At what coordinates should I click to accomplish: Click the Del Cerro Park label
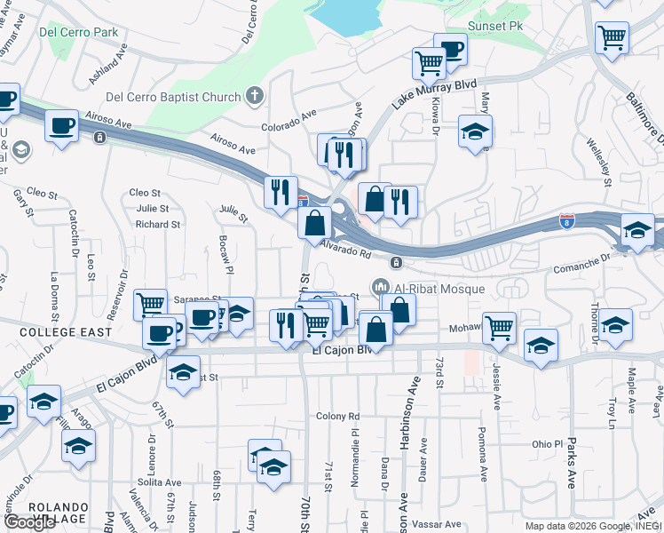pos(79,33)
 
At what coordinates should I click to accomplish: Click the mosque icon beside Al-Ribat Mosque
pos(382,287)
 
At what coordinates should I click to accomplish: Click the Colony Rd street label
pos(338,416)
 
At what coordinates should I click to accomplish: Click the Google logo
pos(29,521)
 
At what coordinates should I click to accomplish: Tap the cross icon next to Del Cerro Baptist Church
pos(255,95)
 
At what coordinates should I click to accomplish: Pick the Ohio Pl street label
pos(548,443)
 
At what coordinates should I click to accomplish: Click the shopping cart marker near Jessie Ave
pos(500,327)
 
